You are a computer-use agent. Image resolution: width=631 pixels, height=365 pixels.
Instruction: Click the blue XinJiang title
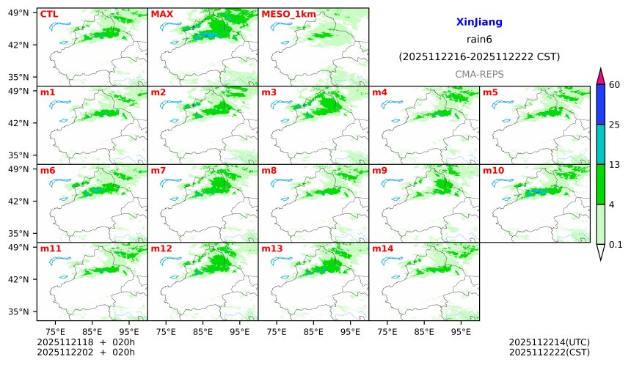tap(479, 23)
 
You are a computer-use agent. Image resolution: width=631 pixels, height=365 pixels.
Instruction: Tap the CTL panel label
tap(48, 14)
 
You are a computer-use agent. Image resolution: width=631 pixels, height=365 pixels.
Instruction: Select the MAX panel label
tap(161, 14)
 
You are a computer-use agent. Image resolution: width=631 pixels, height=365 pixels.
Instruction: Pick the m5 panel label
tap(490, 92)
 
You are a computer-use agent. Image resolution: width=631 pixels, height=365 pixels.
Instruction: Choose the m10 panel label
tap(493, 171)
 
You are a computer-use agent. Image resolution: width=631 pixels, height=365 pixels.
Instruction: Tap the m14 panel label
tap(382, 248)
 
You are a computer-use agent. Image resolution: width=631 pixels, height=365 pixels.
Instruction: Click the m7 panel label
tap(158, 171)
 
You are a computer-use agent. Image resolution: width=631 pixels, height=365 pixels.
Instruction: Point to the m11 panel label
tap(51, 248)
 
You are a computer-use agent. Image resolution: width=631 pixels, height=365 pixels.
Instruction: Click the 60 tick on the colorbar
tap(615, 85)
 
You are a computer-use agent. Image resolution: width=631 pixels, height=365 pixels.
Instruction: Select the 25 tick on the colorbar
tap(615, 125)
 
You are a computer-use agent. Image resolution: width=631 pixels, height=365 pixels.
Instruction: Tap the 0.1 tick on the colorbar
tap(616, 245)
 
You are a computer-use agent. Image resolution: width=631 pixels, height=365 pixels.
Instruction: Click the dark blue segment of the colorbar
tap(600, 104)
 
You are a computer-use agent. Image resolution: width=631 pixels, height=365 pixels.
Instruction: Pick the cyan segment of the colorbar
tap(600, 144)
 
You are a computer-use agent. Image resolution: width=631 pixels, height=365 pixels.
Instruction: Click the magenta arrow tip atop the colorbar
tap(600, 75)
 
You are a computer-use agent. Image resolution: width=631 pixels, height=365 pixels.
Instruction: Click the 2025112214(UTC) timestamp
tap(549, 342)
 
